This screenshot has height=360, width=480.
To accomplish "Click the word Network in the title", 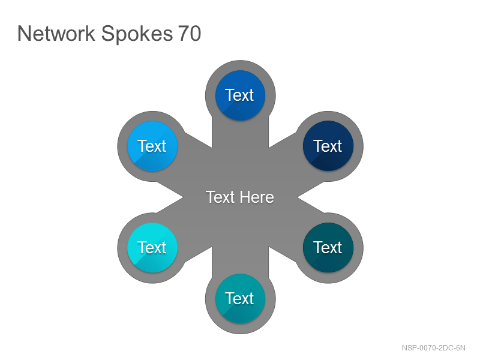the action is pos(56,34).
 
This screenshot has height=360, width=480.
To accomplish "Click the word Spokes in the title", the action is pos(137,34).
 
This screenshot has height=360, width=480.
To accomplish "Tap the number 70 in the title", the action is pos(190,34).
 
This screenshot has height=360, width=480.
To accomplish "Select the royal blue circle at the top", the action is pos(241,95).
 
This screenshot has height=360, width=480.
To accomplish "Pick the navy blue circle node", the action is pos(328,146).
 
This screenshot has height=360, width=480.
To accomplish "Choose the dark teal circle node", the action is pos(328,248).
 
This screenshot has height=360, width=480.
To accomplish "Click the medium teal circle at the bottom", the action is pos(241,298).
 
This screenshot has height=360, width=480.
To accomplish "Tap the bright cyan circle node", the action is pos(152,248).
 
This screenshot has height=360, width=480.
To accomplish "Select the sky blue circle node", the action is pos(152,146).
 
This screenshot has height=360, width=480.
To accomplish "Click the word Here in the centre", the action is pos(257,197).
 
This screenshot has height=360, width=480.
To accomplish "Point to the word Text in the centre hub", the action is pos(220,197).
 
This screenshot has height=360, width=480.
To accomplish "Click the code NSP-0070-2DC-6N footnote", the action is pos(433,348).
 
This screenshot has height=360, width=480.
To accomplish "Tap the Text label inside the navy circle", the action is pos(327,146).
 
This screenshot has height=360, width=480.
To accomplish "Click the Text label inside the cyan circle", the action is pos(152,247).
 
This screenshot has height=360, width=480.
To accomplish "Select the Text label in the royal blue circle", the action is pos(239,95).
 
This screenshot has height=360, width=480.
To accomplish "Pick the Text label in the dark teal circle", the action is pos(327,247).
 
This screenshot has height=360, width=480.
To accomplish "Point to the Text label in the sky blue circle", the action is pos(152,146).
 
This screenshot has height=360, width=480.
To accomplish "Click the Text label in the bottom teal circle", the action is pos(239,298).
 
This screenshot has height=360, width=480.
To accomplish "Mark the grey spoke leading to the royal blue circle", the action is pos(241,134).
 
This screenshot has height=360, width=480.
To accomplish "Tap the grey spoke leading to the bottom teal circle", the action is pos(241,260).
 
